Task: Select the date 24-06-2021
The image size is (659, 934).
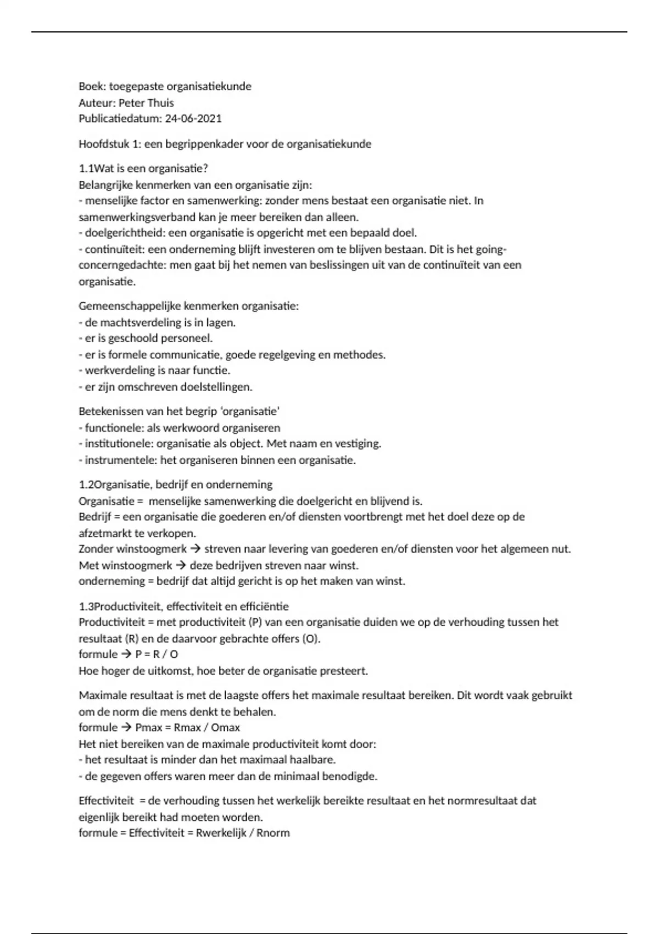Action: point(193,119)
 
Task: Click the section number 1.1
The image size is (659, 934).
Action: point(87,169)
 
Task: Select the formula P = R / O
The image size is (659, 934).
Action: point(157,654)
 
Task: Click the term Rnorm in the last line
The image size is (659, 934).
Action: point(273,833)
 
